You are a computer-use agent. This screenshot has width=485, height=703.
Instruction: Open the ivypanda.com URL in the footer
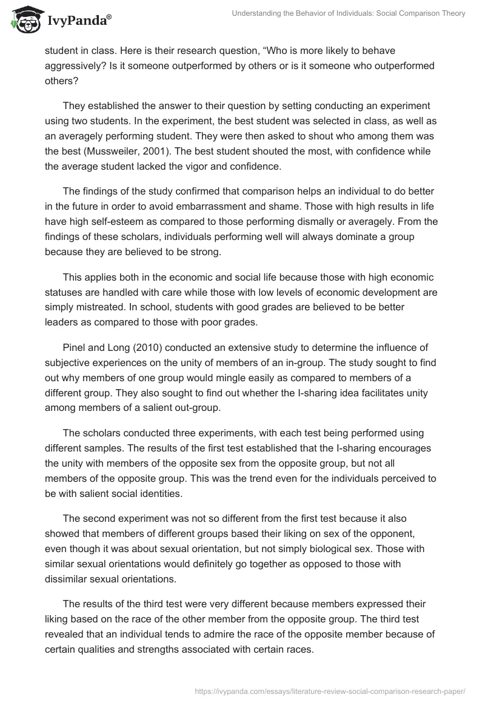[330, 690]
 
